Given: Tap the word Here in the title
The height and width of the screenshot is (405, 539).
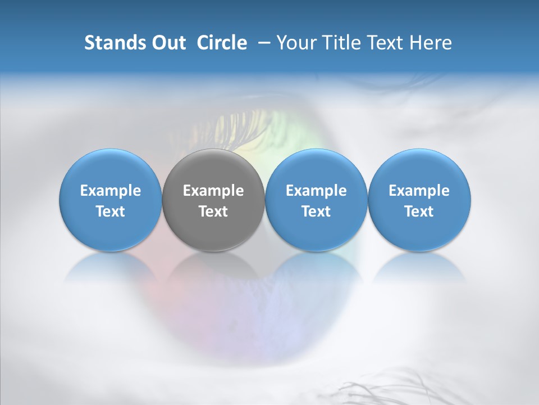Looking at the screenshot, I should [x=430, y=43].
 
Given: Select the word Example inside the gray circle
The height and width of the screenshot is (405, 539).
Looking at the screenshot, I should [x=213, y=191].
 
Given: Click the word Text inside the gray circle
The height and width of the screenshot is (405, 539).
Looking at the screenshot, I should [x=213, y=211].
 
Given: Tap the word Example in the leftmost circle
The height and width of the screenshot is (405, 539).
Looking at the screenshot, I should [x=111, y=191].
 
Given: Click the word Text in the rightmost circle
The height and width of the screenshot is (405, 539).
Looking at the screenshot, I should [x=419, y=211].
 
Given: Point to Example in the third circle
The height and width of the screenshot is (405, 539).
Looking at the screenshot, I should [x=317, y=191].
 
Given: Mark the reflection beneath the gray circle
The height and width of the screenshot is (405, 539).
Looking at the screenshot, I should [x=213, y=267].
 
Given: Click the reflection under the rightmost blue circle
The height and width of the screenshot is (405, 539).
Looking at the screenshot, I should [x=419, y=267].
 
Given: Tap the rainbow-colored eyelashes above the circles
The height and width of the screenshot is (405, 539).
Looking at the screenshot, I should [x=241, y=127].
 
